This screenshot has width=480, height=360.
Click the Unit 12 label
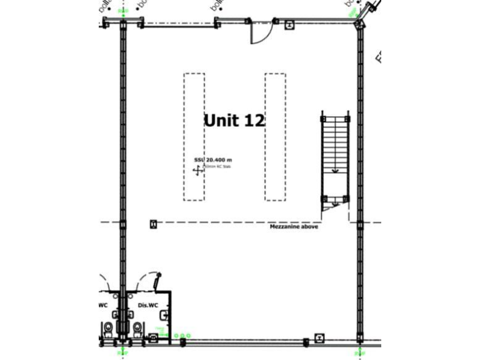coord(234,120)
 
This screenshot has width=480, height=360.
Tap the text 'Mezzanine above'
coord(294,227)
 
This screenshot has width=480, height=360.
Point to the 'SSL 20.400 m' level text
coord(212,160)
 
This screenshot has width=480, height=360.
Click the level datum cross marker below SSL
coord(198,171)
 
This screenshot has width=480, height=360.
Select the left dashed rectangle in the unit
coord(194,137)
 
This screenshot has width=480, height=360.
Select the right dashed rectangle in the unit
coord(275,137)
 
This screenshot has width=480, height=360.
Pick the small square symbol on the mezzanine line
coord(153,224)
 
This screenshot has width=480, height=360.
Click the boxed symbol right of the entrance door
coord(289,26)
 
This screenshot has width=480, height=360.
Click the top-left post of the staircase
coord(323,118)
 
